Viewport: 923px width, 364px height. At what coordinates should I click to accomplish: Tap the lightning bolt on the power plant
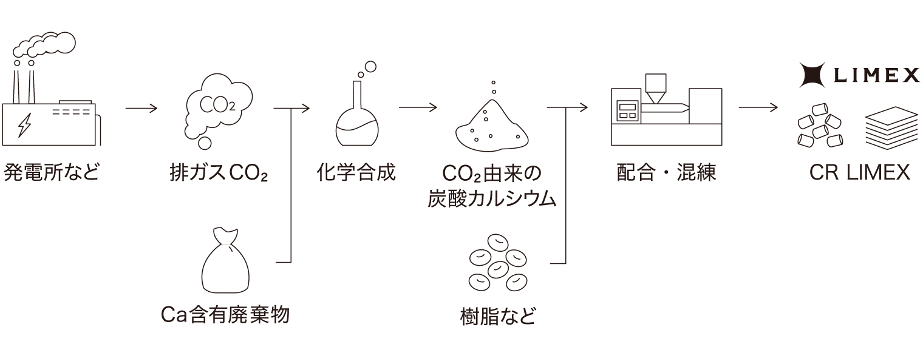tap(25, 124)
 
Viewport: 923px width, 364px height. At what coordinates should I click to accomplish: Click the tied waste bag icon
tap(225, 261)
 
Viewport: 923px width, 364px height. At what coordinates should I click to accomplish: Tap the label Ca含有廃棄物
tap(225, 314)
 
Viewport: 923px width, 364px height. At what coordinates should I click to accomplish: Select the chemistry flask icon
tap(357, 109)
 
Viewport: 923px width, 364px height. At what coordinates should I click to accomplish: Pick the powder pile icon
tap(491, 124)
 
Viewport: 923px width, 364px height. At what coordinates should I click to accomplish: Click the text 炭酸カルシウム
tap(492, 199)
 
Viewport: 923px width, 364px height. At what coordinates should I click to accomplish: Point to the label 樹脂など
tap(498, 315)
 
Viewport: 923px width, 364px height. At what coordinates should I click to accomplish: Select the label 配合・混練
tap(666, 173)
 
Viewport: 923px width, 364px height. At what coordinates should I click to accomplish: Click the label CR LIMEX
tap(859, 173)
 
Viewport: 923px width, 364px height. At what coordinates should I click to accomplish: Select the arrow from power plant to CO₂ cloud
tap(141, 109)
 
